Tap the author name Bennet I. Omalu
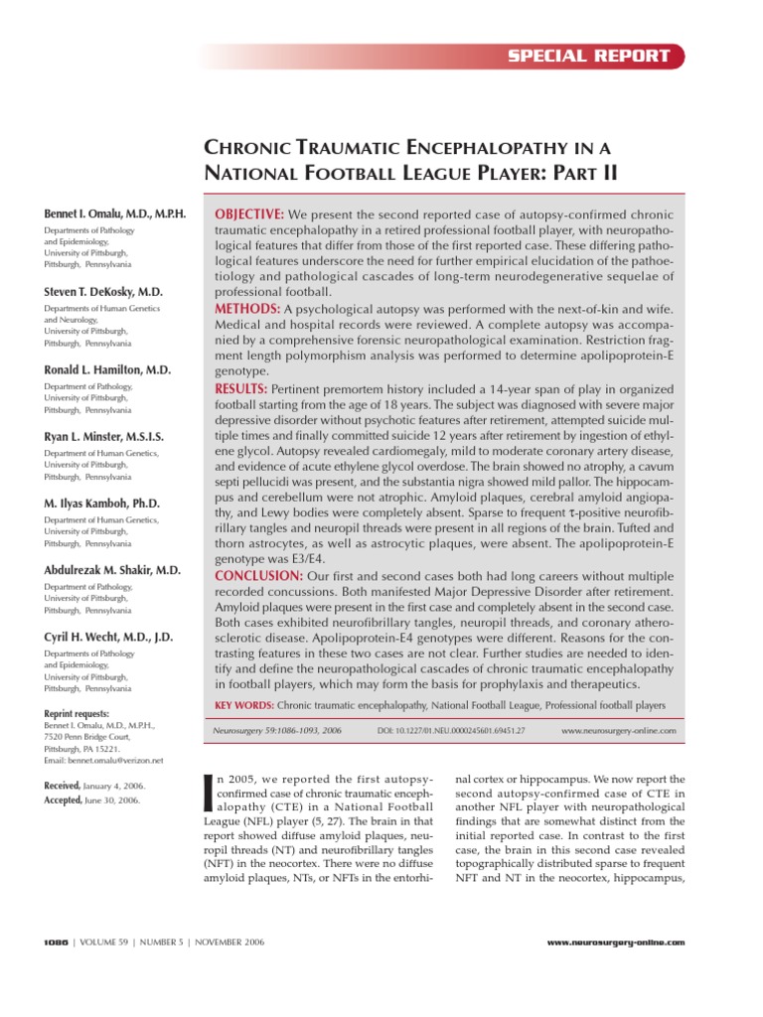pyautogui.click(x=114, y=215)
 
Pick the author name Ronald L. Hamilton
pyautogui.click(x=107, y=369)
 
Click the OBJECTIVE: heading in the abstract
pyautogui.click(x=249, y=216)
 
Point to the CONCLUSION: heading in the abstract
pyautogui.click(x=259, y=575)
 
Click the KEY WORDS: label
pyautogui.click(x=243, y=704)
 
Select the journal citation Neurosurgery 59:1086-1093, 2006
pyautogui.click(x=277, y=730)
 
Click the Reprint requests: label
pyautogui.click(x=76, y=713)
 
